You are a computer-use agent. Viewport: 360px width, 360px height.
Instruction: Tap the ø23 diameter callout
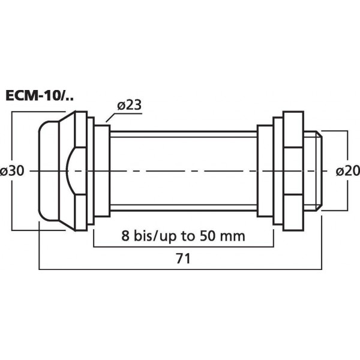[x=129, y=104]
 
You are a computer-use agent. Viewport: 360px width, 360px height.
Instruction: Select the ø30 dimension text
[x=13, y=171]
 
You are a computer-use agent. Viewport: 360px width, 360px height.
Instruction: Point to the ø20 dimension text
[x=347, y=171]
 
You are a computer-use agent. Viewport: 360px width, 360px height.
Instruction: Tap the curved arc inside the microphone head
[x=71, y=171]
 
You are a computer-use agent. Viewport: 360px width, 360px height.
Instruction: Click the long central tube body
[x=183, y=171]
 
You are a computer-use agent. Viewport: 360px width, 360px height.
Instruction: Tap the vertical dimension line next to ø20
[x=349, y=150]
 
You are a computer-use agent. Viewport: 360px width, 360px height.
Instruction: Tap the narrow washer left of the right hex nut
[x=264, y=171]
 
